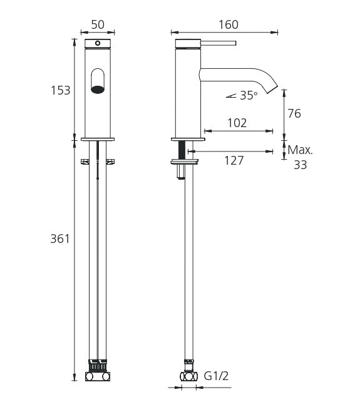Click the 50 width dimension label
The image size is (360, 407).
coord(98,24)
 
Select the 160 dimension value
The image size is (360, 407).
coord(229,24)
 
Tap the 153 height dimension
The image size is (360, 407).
coord(61,90)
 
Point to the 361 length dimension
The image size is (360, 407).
coord(60,239)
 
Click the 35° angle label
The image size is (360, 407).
coord(249,96)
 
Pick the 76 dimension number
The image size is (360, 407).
coord(294,114)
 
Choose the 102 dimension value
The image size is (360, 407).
coord(237,123)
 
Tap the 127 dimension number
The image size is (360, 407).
coord(234,160)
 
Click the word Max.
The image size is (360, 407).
coord(300,150)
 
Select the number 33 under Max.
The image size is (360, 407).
coord(301,165)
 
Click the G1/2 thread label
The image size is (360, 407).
coord(216,376)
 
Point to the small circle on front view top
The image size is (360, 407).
coord(97,43)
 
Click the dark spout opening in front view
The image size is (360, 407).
coord(98,90)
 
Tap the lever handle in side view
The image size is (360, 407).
coord(219,43)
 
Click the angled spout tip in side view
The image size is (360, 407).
coord(272,89)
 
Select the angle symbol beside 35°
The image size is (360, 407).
coord(231,96)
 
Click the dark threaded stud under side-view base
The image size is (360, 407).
coord(182,150)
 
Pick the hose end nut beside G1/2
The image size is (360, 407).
coord(188,376)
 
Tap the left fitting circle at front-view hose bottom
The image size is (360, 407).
coord(90,376)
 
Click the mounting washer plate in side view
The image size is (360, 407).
coord(185,162)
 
